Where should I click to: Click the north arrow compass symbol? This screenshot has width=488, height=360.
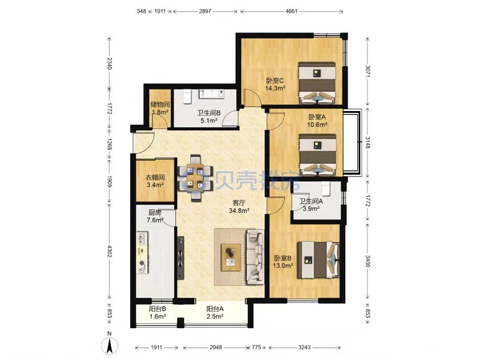point(110,346)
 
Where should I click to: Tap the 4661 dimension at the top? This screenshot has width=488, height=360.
point(291,11)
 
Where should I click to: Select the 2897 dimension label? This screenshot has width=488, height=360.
point(205,11)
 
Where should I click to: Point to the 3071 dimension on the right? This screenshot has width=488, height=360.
point(368,72)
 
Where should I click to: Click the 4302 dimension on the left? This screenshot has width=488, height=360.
point(109,251)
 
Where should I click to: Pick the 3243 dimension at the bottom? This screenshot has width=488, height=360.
point(304,347)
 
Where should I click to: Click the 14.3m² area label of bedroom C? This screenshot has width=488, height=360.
point(275,88)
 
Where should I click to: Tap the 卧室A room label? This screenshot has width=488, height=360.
point(317,117)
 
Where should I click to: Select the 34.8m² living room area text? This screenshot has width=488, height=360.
point(239,211)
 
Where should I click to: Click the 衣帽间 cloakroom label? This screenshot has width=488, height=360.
point(155,178)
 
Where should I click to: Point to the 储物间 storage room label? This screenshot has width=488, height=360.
point(160,104)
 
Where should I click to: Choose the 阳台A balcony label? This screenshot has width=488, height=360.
point(215,309)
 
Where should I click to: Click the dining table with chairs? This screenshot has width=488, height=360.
point(195,178)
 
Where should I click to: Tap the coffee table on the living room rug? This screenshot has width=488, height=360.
point(230,257)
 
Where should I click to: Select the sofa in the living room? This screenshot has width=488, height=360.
point(255,257)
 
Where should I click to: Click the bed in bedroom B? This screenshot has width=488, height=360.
point(318,260)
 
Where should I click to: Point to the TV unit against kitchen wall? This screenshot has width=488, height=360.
point(180,257)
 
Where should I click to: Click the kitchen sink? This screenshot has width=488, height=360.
point(142,238)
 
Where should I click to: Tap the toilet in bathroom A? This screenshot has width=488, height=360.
point(325,188)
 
